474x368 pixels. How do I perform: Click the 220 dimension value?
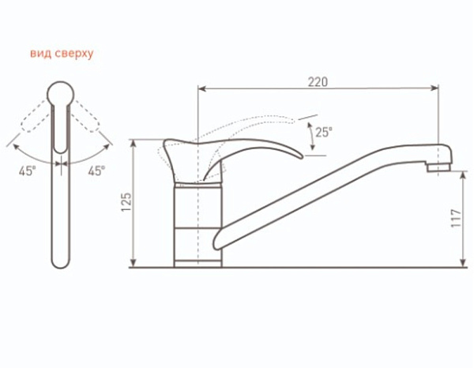pyautogui.click(x=318, y=82)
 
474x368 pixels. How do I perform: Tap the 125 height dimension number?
pyautogui.click(x=126, y=202)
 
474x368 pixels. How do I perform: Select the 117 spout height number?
pyautogui.click(x=456, y=218)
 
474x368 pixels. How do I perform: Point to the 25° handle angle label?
pyautogui.click(x=324, y=132)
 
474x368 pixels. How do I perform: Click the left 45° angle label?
pyautogui.click(x=27, y=171)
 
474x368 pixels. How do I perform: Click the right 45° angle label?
pyautogui.click(x=96, y=171)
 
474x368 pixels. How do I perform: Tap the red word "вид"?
pyautogui.click(x=40, y=53)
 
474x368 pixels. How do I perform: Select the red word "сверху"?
pyautogui.click(x=74, y=54)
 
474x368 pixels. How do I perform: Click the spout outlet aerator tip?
pyautogui.click(x=438, y=167)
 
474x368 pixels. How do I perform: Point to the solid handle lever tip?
pyautogui.click(x=302, y=156)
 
